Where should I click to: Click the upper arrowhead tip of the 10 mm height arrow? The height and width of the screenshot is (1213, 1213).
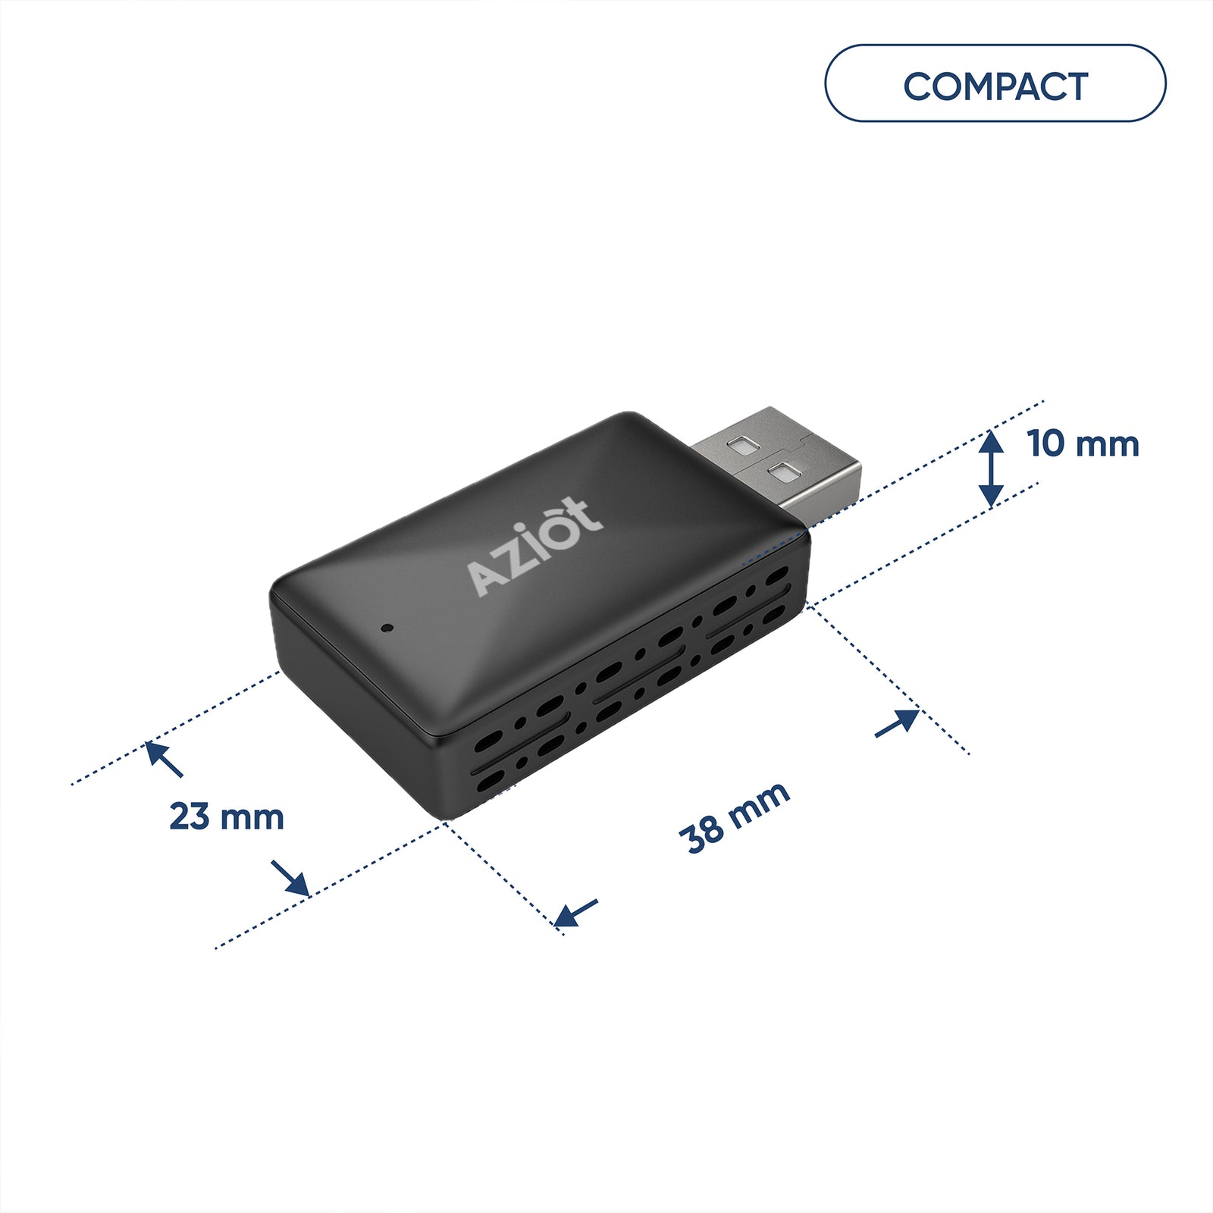tap(991, 430)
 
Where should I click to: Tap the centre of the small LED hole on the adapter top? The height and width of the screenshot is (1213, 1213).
tap(387, 628)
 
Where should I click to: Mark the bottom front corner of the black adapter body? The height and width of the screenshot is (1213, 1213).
tap(445, 820)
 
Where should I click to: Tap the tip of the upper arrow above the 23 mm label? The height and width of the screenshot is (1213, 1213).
tap(146, 743)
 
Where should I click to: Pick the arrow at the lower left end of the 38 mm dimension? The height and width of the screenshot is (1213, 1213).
tap(575, 914)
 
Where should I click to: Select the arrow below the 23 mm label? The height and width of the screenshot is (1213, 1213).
tap(290, 878)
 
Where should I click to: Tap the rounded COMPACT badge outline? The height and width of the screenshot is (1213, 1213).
tap(995, 83)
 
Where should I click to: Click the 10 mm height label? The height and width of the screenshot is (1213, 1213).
tap(1083, 444)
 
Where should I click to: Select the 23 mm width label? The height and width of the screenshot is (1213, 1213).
tap(227, 817)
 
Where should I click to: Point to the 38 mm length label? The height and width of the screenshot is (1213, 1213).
tap(735, 817)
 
